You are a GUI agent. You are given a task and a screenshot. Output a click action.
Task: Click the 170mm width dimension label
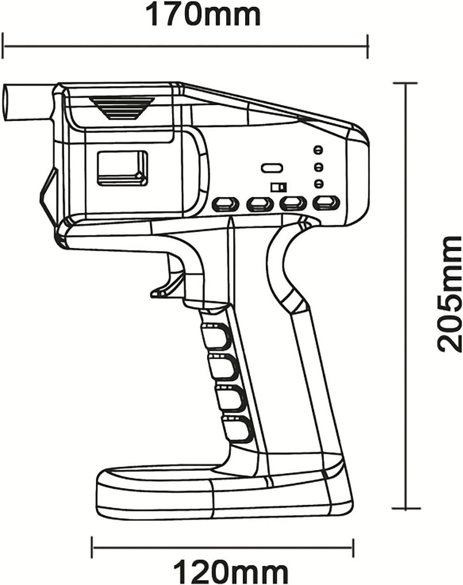click(204, 14)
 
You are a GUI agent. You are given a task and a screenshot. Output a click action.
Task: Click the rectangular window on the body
click(122, 168)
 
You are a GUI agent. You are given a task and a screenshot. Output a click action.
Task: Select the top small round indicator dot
click(317, 150)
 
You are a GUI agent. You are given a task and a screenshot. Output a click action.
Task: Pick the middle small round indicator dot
click(317, 167)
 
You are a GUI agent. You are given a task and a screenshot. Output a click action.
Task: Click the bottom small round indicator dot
click(317, 184)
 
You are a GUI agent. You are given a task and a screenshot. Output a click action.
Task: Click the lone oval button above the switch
click(272, 167)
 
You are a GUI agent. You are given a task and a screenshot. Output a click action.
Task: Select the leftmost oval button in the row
click(226, 204)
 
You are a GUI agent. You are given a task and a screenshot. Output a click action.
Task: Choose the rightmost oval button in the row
click(326, 203)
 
